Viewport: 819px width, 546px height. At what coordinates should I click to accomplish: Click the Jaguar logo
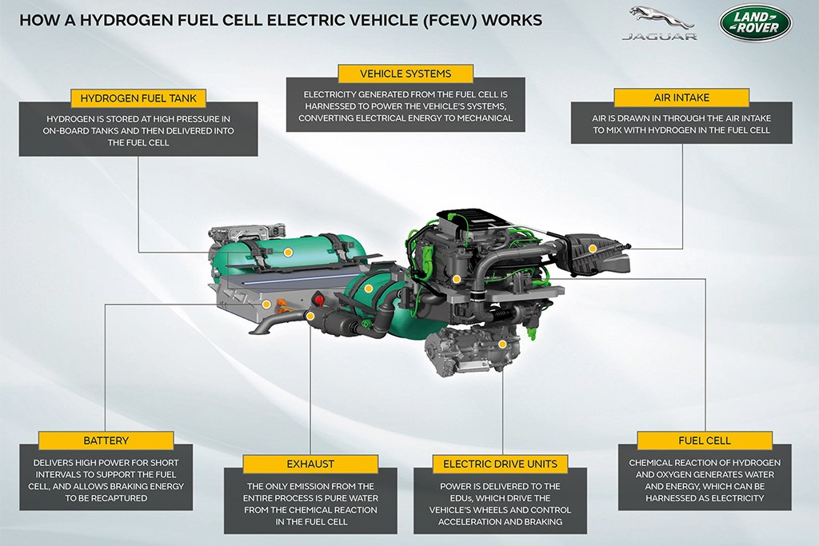click(x=659, y=23)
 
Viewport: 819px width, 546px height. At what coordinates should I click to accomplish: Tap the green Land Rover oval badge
click(x=755, y=22)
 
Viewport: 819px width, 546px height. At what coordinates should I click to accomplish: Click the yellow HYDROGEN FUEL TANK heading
click(x=138, y=98)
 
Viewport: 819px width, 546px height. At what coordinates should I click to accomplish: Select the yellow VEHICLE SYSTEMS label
click(x=406, y=74)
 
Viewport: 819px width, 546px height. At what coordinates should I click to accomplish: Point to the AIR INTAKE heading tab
click(x=681, y=98)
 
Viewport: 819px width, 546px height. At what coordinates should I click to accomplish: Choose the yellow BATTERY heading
click(x=106, y=440)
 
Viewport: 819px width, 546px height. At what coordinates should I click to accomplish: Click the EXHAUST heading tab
click(x=310, y=464)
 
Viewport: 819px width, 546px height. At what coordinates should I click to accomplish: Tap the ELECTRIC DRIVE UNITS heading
click(x=500, y=464)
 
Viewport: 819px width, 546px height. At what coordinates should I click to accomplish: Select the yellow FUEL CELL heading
click(x=705, y=440)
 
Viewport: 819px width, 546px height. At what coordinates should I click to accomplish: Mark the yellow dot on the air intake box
click(x=593, y=249)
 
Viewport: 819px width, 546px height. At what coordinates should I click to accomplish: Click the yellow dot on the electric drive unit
click(x=502, y=344)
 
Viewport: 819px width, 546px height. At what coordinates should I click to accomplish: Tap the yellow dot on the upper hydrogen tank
click(x=288, y=252)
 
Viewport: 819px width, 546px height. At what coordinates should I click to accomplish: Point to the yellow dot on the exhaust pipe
click(x=310, y=316)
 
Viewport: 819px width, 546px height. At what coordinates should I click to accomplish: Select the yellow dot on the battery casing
click(x=266, y=304)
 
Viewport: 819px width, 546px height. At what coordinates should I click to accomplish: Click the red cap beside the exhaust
click(x=318, y=300)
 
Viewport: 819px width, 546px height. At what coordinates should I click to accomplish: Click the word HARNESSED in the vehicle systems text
click(x=333, y=106)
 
